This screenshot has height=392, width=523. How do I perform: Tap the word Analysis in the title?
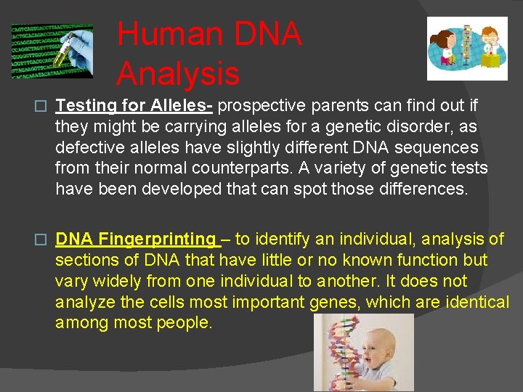177,73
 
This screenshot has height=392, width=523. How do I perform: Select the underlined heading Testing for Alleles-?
134,106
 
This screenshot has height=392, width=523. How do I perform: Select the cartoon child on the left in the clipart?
445,47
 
